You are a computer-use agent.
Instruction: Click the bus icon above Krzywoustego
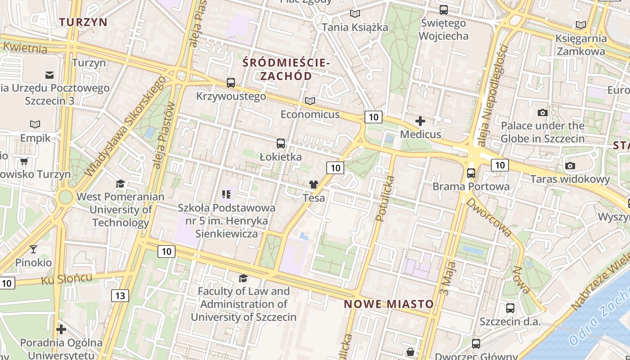coord(231,82)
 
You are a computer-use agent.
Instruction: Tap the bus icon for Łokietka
coord(281,144)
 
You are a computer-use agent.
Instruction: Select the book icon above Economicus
coord(310,101)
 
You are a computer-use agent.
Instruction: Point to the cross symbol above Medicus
coord(420,121)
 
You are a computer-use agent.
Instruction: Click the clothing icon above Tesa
coord(314,184)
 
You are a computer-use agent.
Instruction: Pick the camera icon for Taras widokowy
coord(570,166)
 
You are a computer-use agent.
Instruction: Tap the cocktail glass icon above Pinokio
coord(33,249)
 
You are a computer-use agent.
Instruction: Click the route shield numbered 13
coord(120,296)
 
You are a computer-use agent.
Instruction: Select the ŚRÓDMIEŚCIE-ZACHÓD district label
coord(286,69)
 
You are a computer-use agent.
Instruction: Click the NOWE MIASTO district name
coord(389,304)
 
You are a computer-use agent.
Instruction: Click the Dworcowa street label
coord(489,217)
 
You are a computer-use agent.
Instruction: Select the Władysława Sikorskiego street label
coord(126,126)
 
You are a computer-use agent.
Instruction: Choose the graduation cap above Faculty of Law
coord(243,278)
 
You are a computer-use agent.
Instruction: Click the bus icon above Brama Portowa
coord(471,173)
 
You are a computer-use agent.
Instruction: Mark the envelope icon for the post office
coord(49,75)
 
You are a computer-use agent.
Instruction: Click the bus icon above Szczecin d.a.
coord(510,308)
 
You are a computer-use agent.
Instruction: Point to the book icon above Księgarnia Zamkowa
coord(581,25)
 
